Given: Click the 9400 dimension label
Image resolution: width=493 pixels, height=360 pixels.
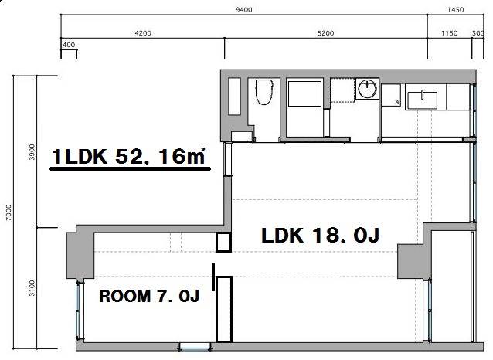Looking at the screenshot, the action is pos(243,10).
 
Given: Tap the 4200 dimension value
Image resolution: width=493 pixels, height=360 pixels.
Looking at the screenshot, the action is pos(143,33).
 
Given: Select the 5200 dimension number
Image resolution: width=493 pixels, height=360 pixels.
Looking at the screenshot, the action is pos(325,33).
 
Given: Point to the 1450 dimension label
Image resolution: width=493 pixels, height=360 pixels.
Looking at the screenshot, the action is pos(455,10).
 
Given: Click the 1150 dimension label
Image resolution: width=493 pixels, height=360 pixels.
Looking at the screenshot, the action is pos(449,33).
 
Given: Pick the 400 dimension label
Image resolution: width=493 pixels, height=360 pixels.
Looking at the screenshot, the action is pos(69,45).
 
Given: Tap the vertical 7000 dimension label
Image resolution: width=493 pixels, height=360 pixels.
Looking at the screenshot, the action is pos(8,212).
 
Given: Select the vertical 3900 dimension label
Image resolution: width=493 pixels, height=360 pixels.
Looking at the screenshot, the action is pos(32,152).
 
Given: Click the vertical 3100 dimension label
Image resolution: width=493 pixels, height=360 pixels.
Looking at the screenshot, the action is pos(32,288).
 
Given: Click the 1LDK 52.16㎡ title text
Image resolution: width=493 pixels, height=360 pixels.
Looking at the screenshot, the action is pos(129,156).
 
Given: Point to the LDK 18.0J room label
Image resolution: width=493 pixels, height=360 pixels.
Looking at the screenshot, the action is pos(321,235).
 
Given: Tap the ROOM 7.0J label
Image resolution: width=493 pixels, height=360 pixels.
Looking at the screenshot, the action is pos(149,296).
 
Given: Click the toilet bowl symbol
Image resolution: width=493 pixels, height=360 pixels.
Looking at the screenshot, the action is pos(263,92).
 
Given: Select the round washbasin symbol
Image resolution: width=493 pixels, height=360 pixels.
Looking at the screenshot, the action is pos(367,88).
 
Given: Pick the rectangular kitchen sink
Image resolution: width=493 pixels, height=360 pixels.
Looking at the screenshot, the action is pos(422,100).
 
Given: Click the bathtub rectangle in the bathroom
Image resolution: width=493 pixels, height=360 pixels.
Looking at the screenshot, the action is pos(304,93).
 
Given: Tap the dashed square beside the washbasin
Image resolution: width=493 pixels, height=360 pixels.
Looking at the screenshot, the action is pos(342,90).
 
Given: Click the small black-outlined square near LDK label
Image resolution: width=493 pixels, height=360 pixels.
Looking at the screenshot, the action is pos(223,243).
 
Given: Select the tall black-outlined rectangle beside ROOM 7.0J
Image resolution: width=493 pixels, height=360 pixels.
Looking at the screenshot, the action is pos(224,309).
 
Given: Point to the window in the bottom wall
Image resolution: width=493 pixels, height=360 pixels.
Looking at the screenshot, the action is pos(195,347).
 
